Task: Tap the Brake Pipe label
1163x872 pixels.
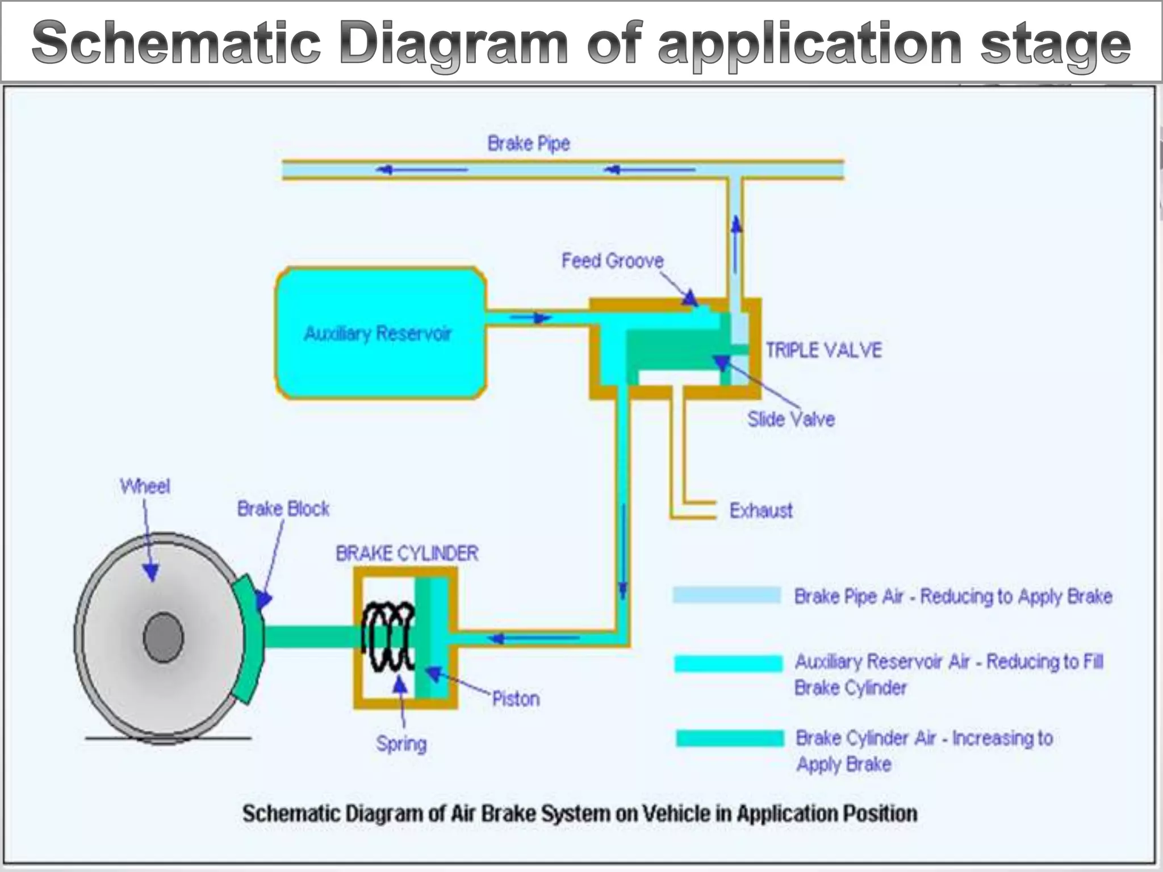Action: [528, 144]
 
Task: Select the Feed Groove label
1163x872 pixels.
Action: [612, 261]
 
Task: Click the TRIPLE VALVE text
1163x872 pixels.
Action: [823, 350]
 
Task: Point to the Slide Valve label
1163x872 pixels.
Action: [790, 420]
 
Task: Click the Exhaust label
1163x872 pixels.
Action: [760, 511]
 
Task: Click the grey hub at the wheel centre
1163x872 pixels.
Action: [164, 637]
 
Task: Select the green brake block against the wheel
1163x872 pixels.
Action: [250, 639]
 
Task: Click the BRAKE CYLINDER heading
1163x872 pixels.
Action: [407, 554]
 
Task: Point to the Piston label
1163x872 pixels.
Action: [515, 699]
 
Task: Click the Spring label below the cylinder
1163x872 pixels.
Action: [401, 744]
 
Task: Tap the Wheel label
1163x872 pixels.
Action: [145, 487]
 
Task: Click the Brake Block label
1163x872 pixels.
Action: [283, 509]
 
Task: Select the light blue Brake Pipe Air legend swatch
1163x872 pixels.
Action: [726, 595]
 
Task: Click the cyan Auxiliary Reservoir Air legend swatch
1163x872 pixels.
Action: [727, 663]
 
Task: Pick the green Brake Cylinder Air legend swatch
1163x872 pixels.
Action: [729, 738]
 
